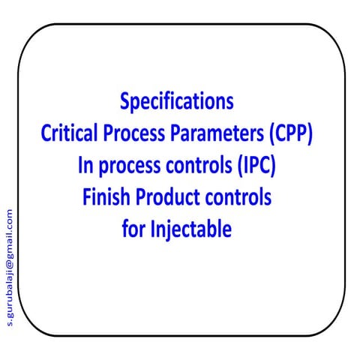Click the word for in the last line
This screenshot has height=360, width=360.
click(132, 229)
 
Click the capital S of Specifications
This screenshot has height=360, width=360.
click(124, 101)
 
